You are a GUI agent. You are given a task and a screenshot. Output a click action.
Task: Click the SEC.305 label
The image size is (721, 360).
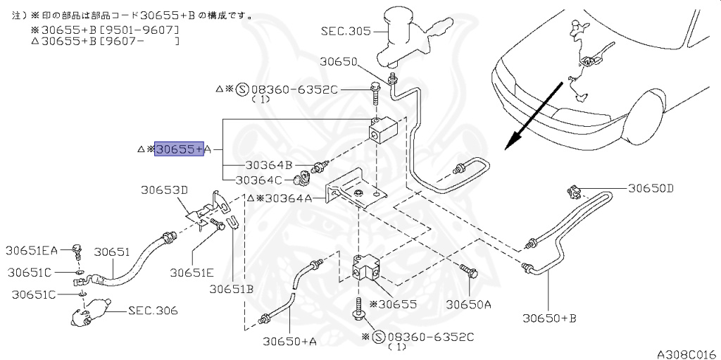[345, 31]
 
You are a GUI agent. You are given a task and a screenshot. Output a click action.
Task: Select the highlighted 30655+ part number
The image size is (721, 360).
[179, 149]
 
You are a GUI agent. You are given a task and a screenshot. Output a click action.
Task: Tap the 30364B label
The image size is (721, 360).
[268, 166]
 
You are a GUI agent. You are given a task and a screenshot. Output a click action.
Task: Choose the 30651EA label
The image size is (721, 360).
[32, 250]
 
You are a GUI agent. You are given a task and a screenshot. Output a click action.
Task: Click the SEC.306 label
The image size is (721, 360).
[153, 311]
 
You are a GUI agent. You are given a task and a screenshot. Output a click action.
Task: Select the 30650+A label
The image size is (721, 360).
[289, 341]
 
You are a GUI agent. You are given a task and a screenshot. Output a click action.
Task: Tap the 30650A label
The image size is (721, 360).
[469, 304]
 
